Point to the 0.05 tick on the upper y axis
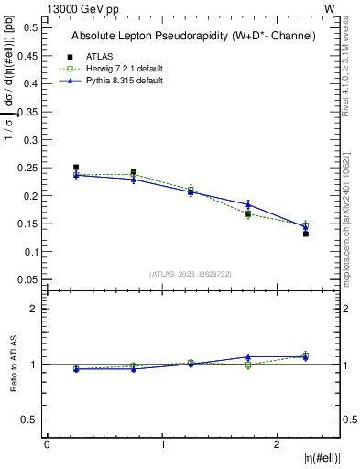pos(27,279)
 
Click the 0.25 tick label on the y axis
pos(27,168)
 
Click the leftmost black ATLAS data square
pos(76,168)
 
